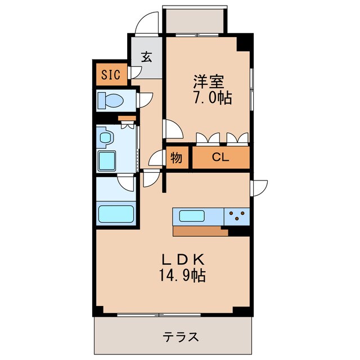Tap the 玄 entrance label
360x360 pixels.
146,57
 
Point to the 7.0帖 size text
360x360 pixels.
213,98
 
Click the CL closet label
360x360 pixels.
220,158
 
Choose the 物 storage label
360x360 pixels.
176,158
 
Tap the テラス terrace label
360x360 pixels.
181,337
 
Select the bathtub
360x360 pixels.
116,214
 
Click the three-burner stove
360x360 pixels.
237,215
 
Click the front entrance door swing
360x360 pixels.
146,24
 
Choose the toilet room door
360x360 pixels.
145,99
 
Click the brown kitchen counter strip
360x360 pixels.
200,231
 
